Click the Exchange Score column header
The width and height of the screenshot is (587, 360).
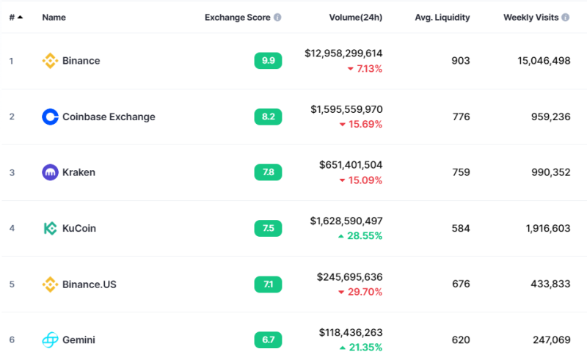coord(237,18)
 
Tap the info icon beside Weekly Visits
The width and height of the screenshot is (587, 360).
coord(565,17)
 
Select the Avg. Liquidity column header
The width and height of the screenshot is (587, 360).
coord(442,18)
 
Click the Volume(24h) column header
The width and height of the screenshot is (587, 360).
coord(356,18)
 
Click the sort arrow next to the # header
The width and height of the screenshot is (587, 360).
coord(21,17)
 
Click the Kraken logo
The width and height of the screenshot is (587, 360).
coord(50,172)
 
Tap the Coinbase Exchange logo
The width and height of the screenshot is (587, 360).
coord(50,117)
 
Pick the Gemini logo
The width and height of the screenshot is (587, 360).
coord(50,339)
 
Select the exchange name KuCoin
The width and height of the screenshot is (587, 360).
coord(79,228)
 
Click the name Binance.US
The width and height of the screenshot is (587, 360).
coord(89,284)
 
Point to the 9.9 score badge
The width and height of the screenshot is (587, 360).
coord(268,61)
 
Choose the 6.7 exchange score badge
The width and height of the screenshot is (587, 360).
coord(268,339)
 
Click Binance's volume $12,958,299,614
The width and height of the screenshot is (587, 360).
coord(343,54)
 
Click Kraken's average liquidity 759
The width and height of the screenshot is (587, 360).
coord(461,172)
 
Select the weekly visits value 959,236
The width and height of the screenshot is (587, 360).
coord(551,117)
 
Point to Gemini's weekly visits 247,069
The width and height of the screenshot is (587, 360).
coord(552,339)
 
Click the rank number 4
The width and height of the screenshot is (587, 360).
coord(12,228)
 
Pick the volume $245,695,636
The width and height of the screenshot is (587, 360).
coord(350,277)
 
